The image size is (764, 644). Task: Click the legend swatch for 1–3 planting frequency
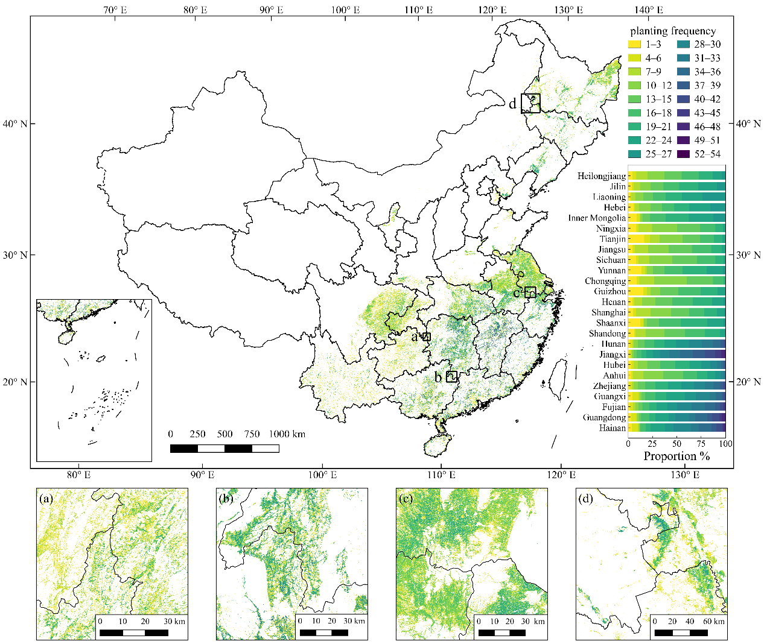coord(634,45)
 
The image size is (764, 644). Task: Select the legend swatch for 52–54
coord(683,154)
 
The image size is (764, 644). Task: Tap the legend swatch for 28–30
coord(683,45)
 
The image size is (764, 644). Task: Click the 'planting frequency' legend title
coord(673,31)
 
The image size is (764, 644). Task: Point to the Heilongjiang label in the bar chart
coord(601,176)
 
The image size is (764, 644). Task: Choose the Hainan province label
coord(613,428)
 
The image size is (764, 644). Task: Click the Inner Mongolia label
coord(597,218)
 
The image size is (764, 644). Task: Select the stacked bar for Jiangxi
coord(676,355)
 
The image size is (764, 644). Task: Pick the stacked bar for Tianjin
coord(676,239)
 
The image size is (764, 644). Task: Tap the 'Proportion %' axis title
coord(676,456)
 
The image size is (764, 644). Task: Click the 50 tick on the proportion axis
coord(677,444)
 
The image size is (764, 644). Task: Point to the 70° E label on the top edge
coord(114,10)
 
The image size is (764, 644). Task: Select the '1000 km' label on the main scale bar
coord(287,434)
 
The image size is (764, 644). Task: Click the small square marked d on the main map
coord(530,103)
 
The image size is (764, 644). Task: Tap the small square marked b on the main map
coord(451,377)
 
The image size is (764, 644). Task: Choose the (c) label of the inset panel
coord(406,499)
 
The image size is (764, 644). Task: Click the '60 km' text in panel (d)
coord(714,621)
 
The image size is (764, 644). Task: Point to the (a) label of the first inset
coord(46,499)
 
